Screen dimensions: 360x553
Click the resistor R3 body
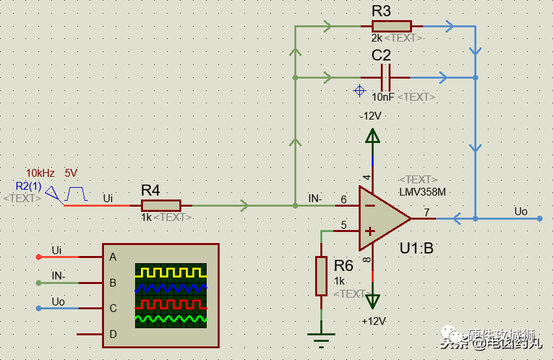tap(391, 26)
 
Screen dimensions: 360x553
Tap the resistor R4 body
tap(161, 206)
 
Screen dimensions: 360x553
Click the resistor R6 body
tap(321, 276)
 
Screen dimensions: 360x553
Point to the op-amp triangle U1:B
tap(383, 219)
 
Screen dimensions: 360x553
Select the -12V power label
tap(371, 116)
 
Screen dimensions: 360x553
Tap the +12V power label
tap(373, 321)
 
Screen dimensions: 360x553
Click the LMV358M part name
tap(422, 192)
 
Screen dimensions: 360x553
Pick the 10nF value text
tap(383, 97)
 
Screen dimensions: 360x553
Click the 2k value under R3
tap(377, 38)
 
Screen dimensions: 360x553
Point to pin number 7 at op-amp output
tap(426, 212)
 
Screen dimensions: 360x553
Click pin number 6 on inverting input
tap(344, 200)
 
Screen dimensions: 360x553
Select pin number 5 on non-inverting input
tap(344, 225)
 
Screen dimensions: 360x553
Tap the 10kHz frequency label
tap(40, 174)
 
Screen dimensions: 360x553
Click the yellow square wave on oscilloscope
tap(170, 272)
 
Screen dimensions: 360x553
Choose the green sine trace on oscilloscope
tap(170, 318)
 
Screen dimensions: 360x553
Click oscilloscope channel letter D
tap(113, 334)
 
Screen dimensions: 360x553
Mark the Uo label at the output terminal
tap(521, 211)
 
